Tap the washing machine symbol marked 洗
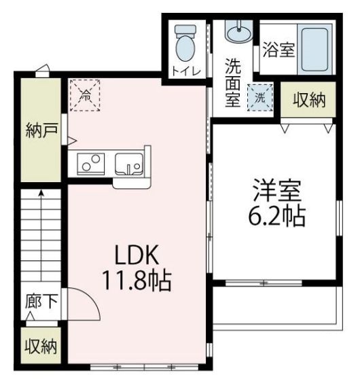pos(260,96)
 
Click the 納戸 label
pos(39,128)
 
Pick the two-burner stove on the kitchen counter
pos(90,163)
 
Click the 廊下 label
pos(41,301)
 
